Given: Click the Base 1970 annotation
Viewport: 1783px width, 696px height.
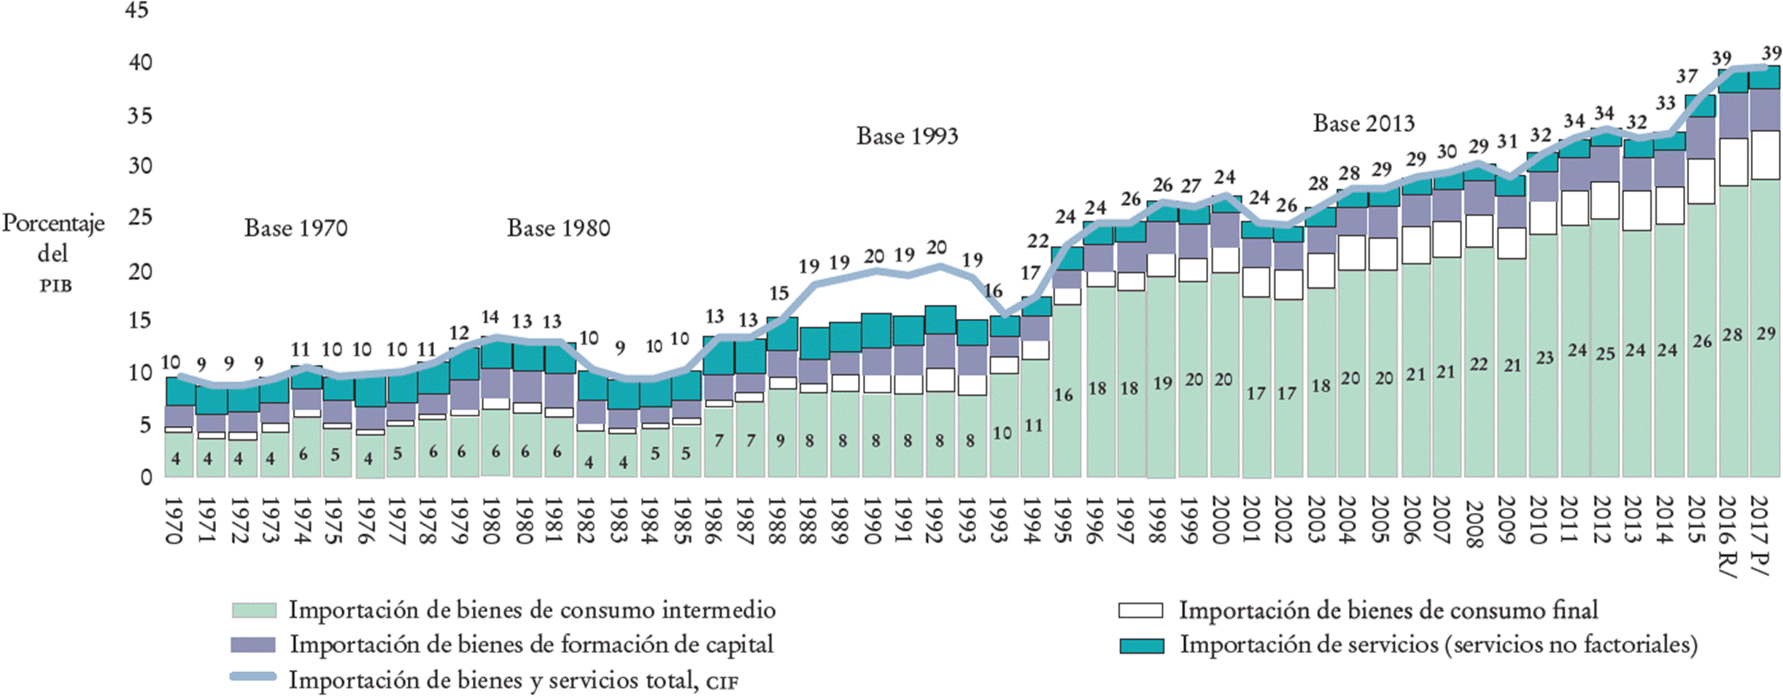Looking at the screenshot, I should [x=295, y=228].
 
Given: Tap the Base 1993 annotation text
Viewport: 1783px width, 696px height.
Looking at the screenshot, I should [x=907, y=136].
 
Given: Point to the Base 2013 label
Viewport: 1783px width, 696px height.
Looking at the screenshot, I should [x=1364, y=123].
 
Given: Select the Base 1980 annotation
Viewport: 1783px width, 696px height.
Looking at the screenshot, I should [x=558, y=228].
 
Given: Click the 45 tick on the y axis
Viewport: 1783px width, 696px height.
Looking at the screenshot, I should [x=137, y=10].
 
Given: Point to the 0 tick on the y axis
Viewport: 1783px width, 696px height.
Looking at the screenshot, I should [x=146, y=477].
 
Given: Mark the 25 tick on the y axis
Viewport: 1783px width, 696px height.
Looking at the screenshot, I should [x=140, y=217].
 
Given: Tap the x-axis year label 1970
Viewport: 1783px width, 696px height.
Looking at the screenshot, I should [x=173, y=520].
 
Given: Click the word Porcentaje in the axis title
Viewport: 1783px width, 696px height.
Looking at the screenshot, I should [x=53, y=223].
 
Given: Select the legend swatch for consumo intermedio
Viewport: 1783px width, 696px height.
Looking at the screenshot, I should [x=254, y=610].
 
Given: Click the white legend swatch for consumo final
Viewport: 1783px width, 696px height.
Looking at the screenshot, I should [x=1140, y=610].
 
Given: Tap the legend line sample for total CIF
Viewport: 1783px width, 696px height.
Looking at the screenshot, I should [x=253, y=677].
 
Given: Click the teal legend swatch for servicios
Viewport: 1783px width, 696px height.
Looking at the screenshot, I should [x=1141, y=646].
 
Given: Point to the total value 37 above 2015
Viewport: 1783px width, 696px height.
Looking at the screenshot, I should [x=1687, y=76].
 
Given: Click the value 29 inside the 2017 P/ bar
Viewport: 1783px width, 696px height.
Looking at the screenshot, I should [x=1765, y=334].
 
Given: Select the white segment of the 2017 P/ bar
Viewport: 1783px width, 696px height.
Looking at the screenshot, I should [x=1764, y=155].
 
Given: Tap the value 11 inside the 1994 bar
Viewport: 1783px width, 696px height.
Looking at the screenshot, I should [x=1033, y=425].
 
